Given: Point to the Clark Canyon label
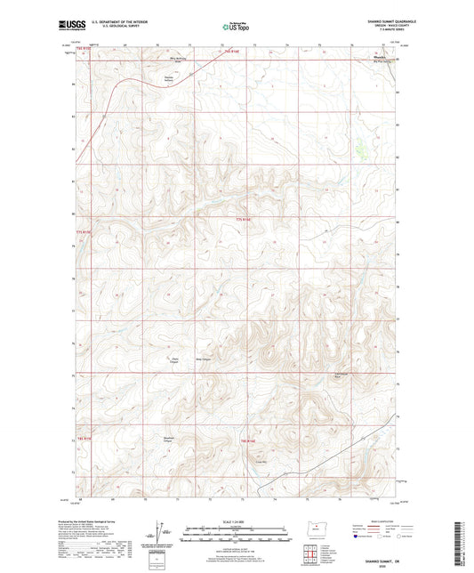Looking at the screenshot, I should tap(174, 360).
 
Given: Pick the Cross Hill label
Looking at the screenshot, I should tap(261, 461).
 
